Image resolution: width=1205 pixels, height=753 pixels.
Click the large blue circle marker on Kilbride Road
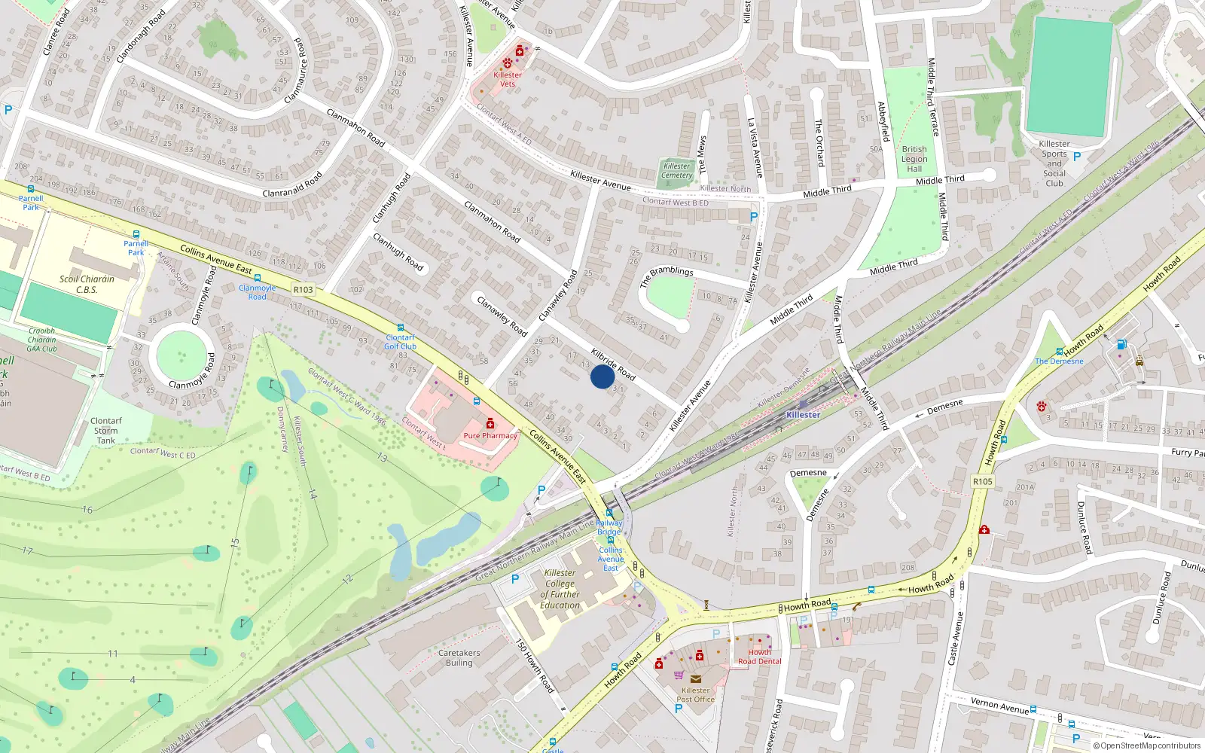tap(602, 376)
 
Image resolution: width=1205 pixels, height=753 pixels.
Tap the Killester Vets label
tap(508, 79)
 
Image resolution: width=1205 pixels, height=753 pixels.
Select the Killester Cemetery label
tap(676, 171)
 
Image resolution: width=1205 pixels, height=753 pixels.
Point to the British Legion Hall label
tap(914, 159)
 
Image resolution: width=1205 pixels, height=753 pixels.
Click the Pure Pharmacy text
tap(490, 435)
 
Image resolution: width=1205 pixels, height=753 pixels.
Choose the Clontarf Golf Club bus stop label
tap(400, 342)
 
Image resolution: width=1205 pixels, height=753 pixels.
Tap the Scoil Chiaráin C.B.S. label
tap(87, 284)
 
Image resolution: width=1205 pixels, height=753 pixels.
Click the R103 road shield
tap(304, 289)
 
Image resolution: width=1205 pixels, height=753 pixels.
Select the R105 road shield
tap(982, 481)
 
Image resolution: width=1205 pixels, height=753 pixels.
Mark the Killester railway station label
tap(803, 415)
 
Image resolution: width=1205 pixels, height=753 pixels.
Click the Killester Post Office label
tap(695, 694)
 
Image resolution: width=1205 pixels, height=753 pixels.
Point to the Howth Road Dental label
tap(759, 657)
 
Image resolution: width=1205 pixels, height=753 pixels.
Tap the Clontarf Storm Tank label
tap(106, 431)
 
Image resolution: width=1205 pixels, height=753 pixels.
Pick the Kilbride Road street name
tap(613, 364)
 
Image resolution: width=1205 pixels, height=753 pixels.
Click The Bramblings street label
tap(666, 276)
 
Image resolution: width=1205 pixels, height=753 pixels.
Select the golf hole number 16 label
tap(87, 510)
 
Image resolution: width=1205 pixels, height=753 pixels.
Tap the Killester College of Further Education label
tap(560, 589)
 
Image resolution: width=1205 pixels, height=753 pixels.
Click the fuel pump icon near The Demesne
tap(1121, 345)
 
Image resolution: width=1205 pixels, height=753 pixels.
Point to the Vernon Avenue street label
tap(999, 705)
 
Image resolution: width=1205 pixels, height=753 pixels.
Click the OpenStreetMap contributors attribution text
tap(1147, 745)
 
